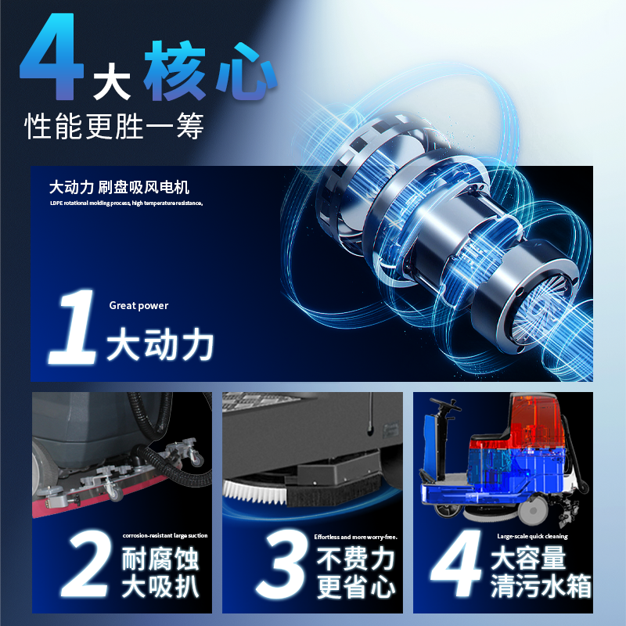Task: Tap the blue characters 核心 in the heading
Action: point(210,71)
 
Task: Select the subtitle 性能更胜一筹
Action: point(114,126)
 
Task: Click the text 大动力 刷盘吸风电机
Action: point(119,187)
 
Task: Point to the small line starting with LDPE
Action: point(126,203)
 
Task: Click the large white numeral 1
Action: point(73,326)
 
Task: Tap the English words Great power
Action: point(139,305)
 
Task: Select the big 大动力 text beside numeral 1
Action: point(160,344)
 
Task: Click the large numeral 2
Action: point(85,563)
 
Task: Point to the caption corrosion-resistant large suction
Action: point(165,535)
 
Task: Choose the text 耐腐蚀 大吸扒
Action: point(160,573)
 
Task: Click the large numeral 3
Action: point(281,564)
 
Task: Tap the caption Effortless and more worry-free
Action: point(355,537)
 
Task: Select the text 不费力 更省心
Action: point(355,573)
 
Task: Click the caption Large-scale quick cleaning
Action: point(532,536)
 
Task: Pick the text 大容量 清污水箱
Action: point(541,572)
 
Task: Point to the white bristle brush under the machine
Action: point(255,493)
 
